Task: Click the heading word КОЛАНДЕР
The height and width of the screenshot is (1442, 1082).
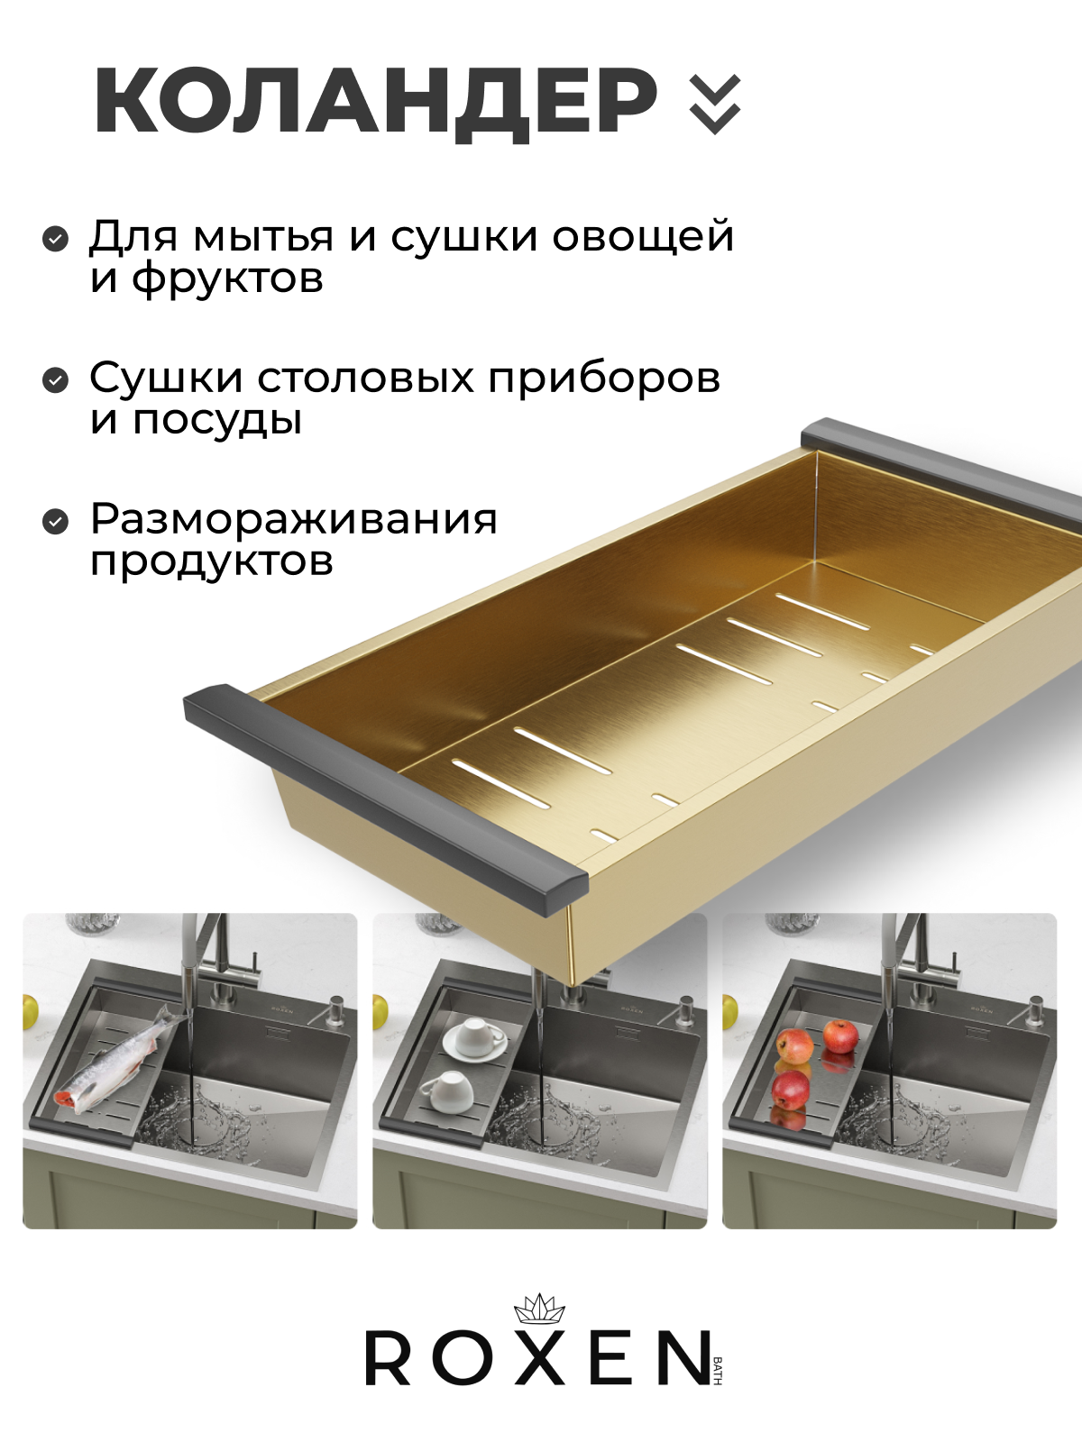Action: (x=375, y=105)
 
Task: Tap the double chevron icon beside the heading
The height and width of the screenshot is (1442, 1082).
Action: (x=715, y=105)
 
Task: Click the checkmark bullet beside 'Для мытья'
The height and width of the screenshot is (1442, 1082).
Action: (x=55, y=239)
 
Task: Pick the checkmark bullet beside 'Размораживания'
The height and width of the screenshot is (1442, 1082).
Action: (x=55, y=522)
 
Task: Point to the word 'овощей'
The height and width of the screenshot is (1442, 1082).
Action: (x=643, y=236)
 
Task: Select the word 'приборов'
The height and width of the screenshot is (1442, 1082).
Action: (x=604, y=379)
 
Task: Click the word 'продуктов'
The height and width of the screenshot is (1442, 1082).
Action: (x=212, y=563)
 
